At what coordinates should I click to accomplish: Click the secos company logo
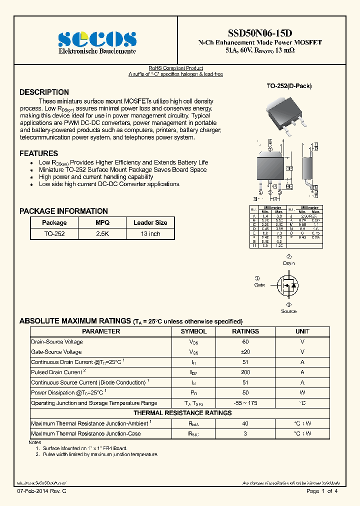click(97, 39)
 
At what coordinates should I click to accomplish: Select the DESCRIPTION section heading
click(44, 92)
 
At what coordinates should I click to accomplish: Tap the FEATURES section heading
click(38, 153)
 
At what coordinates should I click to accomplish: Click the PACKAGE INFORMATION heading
click(63, 211)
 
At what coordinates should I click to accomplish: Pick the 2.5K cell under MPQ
click(102, 233)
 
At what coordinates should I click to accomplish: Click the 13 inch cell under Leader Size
click(150, 233)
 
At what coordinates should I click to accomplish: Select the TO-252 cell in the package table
click(54, 233)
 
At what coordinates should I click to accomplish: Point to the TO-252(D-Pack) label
click(288, 86)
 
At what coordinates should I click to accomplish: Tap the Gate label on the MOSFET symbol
click(259, 285)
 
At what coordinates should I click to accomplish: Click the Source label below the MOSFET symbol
click(288, 311)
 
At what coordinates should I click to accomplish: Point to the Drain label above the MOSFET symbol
click(288, 263)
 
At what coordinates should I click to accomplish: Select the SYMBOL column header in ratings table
click(193, 331)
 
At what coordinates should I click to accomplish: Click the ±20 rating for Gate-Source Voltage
click(245, 352)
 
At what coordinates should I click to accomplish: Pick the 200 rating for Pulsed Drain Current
click(245, 372)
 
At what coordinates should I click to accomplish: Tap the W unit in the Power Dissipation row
click(302, 393)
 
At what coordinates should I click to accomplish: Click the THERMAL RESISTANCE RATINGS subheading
click(182, 413)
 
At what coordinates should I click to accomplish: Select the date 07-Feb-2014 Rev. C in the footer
click(41, 491)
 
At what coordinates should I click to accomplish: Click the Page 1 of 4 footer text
click(322, 491)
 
